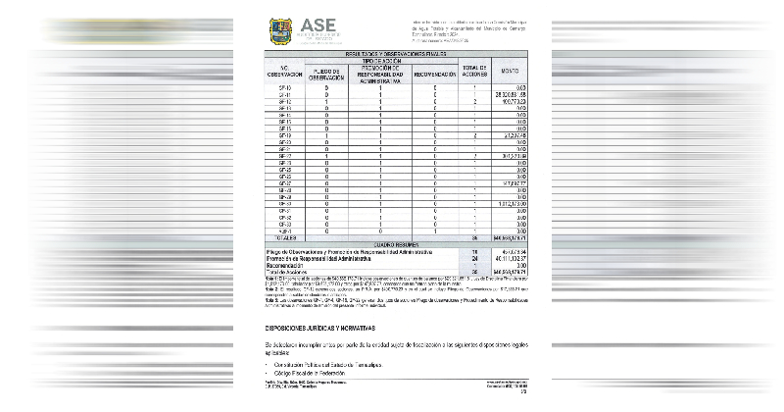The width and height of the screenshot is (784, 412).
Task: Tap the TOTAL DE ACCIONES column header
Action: (x=474, y=72)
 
